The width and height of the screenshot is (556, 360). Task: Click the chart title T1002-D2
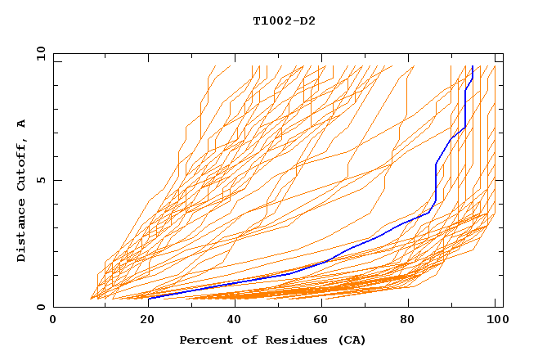(284, 20)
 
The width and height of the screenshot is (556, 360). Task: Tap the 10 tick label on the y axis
(38, 53)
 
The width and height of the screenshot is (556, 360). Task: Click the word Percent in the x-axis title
(204, 340)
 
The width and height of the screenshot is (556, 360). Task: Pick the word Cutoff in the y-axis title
(22, 164)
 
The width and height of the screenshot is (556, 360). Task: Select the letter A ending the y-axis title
(22, 124)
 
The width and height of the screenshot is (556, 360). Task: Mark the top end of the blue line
(473, 66)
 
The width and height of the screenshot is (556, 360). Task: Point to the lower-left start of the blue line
(149, 298)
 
